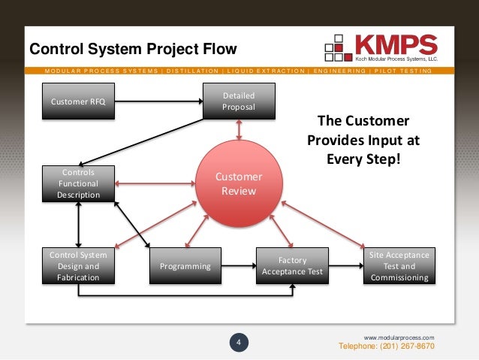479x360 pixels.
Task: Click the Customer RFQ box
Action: [78, 101]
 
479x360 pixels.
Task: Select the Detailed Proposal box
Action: [239, 101]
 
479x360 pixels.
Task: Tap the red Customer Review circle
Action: [239, 184]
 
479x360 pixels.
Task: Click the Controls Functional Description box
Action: [78, 184]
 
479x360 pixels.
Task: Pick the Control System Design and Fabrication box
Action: [78, 266]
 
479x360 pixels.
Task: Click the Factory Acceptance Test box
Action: [292, 266]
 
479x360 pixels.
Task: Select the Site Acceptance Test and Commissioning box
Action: [399, 266]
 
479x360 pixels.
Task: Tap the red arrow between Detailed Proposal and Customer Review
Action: [239, 129]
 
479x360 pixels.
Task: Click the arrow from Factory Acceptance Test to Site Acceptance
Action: [345, 265]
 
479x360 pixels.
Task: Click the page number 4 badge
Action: [239, 344]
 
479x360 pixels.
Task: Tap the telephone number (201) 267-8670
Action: [387, 346]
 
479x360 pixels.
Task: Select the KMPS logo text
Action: [396, 43]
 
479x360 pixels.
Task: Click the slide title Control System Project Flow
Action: [132, 50]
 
